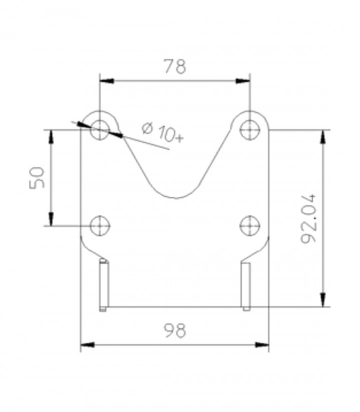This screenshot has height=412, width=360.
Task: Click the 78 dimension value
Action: click(175, 66)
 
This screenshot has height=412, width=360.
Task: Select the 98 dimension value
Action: click(175, 330)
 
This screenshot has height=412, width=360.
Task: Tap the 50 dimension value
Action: click(36, 178)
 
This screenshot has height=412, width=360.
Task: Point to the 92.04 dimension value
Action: click(308, 219)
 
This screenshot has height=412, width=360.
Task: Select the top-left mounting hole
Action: click(100, 130)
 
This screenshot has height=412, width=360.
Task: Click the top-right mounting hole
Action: click(250, 130)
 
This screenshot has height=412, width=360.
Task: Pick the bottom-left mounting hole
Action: click(100, 226)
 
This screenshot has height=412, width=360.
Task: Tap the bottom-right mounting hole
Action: click(250, 226)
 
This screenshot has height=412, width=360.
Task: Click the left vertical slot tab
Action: click(103, 285)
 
